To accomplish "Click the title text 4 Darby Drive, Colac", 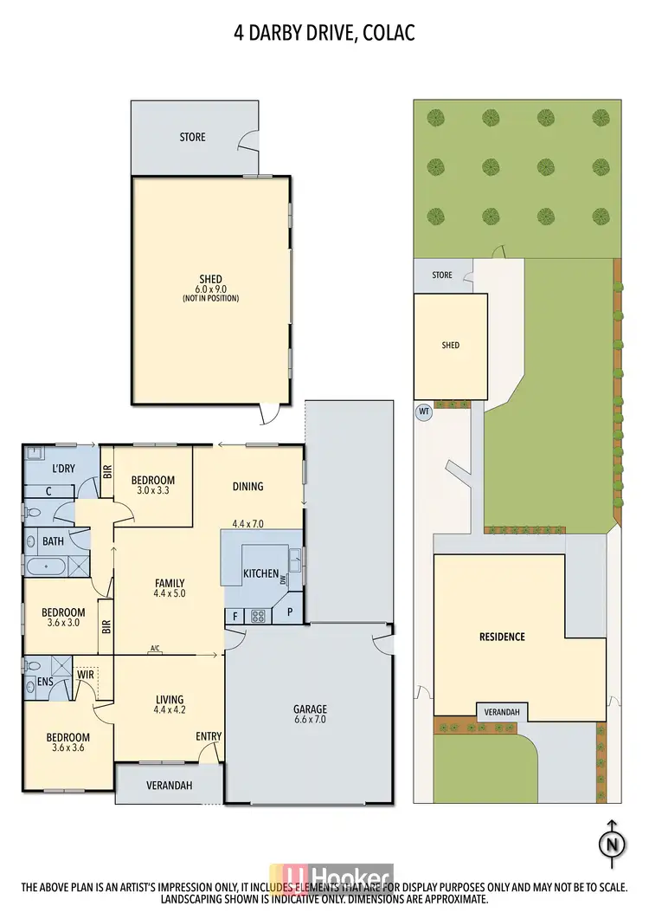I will click(x=324, y=33).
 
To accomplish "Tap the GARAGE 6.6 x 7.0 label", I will click(x=309, y=715).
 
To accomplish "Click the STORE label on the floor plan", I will click(x=192, y=137).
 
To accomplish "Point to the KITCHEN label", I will click(x=260, y=573).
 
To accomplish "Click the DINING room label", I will click(x=247, y=486).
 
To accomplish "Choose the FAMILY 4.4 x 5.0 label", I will click(x=169, y=588).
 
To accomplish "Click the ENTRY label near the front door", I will click(x=209, y=736).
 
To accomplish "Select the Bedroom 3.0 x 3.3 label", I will click(x=153, y=486).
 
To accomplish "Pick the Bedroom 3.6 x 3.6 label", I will click(x=67, y=743).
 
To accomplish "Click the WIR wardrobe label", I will click(x=85, y=673).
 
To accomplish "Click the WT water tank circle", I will click(x=424, y=411).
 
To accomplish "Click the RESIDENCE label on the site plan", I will click(x=502, y=637).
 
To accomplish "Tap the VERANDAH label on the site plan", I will click(x=502, y=712).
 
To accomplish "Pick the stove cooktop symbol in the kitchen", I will click(x=258, y=616).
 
